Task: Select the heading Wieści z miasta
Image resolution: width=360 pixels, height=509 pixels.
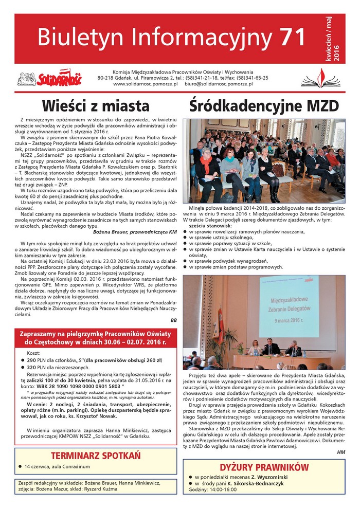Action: (96, 106)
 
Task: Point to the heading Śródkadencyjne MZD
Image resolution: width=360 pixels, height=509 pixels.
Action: (264, 106)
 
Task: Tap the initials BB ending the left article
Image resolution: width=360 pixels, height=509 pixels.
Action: (173, 320)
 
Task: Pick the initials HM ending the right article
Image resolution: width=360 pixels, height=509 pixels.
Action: (341, 451)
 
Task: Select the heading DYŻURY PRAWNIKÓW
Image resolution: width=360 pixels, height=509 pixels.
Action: (264, 467)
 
